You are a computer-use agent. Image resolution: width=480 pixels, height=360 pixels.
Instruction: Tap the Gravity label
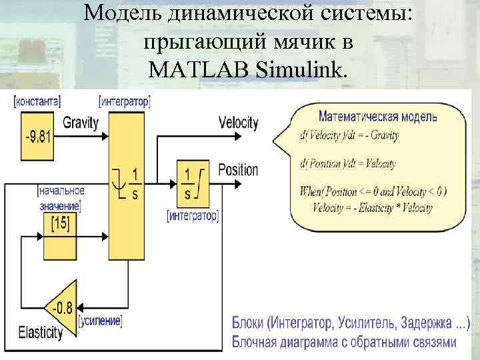[x=81, y=123]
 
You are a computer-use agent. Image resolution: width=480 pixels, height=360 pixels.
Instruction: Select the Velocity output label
[x=238, y=123]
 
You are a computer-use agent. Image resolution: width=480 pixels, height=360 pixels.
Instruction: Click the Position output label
[x=238, y=169]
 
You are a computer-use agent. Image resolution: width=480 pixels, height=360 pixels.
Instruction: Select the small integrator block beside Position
[x=193, y=183]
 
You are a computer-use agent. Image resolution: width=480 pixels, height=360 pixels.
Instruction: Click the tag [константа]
[x=38, y=102]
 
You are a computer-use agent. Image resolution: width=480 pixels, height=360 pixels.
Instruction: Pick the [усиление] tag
[x=100, y=321]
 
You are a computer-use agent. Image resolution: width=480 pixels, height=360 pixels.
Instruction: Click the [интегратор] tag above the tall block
[x=125, y=102]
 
